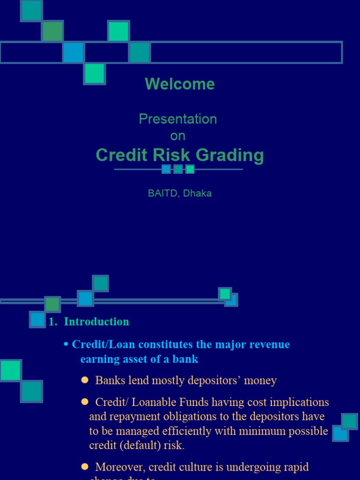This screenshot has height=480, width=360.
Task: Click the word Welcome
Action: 180,84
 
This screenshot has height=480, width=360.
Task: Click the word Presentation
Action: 178,119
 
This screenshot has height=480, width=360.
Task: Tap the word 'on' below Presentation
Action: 178,136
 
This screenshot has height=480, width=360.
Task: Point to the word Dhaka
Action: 197,193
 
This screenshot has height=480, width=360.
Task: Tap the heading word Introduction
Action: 96,322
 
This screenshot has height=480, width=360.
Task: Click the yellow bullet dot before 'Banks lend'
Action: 85,380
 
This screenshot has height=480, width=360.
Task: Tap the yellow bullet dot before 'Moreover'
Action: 85,466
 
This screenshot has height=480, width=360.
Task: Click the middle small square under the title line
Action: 178,169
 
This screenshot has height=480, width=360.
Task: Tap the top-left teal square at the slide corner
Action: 31,10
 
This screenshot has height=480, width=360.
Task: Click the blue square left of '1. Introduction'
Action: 37,319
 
